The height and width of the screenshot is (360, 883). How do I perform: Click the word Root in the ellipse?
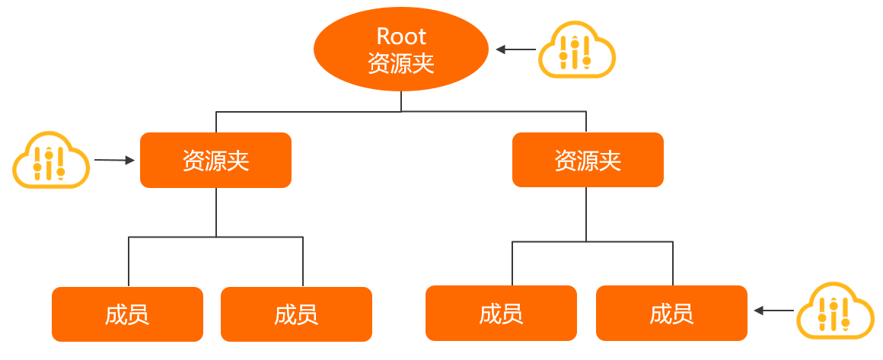point(401,36)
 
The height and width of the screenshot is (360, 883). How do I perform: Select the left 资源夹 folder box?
point(215,160)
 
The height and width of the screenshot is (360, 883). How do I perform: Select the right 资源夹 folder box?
point(588,160)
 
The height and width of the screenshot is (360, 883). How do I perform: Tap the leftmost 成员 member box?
point(127,314)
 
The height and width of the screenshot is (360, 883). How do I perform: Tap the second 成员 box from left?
point(296,314)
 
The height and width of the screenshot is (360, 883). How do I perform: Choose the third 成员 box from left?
point(501,313)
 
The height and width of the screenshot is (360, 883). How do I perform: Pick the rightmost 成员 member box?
point(671,313)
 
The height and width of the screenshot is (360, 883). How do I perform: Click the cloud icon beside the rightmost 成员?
point(834,311)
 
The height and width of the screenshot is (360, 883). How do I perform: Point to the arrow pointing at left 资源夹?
point(115,161)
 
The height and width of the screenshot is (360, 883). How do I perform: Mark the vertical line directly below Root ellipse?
point(401,101)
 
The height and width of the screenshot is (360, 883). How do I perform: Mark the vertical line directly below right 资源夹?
point(586,214)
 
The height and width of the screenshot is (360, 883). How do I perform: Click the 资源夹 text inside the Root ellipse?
point(401,63)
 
